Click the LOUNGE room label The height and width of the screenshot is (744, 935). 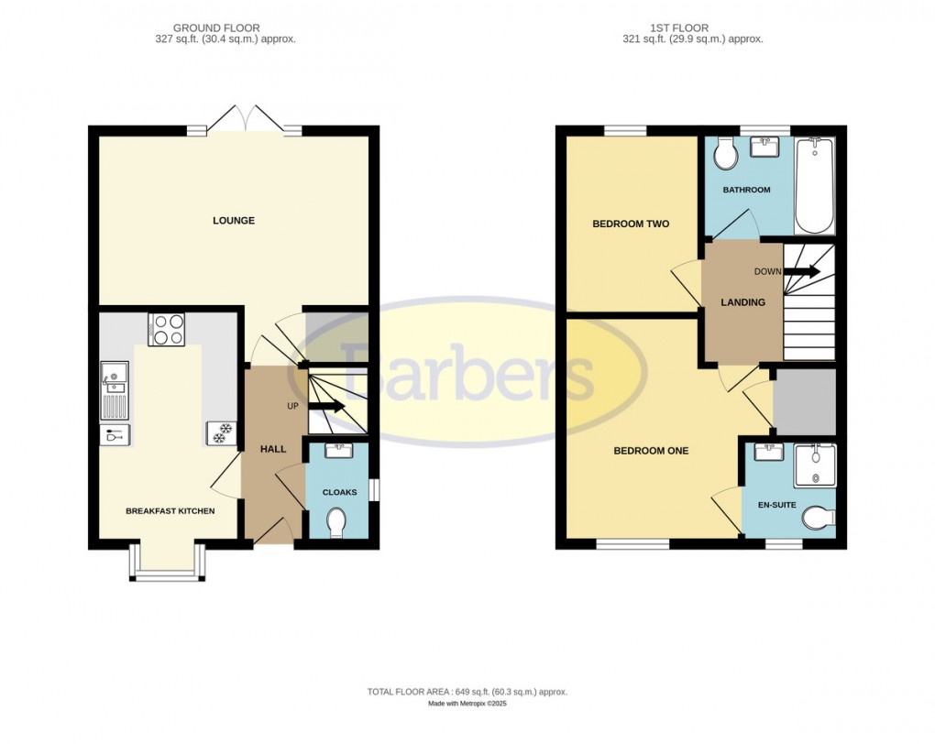[x=233, y=221]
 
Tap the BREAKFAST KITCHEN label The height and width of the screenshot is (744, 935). [x=170, y=510]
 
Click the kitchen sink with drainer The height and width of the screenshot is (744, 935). [x=115, y=389]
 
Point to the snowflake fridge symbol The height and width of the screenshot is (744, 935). [x=220, y=433]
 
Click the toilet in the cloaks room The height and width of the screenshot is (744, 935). [x=337, y=523]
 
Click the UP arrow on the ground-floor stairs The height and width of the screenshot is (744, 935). [x=325, y=406]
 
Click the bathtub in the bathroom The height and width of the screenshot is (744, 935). [x=814, y=186]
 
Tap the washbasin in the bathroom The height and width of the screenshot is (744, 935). [x=764, y=146]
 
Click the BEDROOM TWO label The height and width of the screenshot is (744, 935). [x=631, y=224]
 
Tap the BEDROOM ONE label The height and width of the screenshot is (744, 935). [x=650, y=451]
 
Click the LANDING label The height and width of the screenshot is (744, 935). [x=742, y=302]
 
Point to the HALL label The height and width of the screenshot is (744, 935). [x=273, y=449]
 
